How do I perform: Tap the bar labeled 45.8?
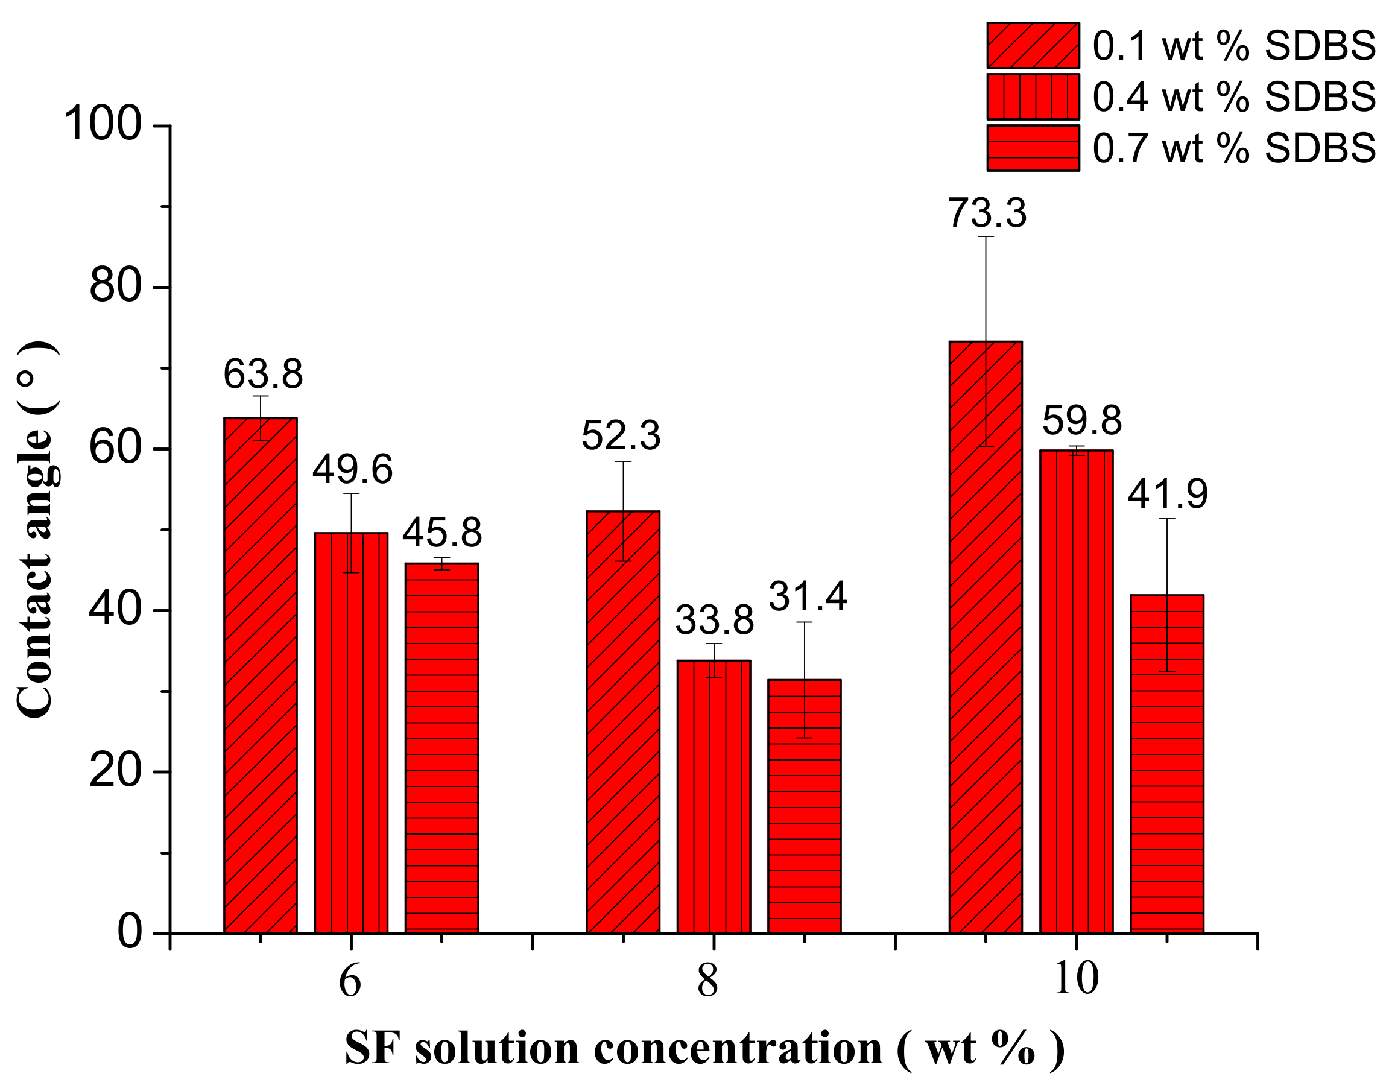tap(441, 748)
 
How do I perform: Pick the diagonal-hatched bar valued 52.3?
tap(623, 722)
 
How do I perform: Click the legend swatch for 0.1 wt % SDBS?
tap(1033, 45)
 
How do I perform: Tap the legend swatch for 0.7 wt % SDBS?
tap(1033, 148)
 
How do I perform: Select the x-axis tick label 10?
tap(1076, 979)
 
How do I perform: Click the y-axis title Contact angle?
tap(35, 530)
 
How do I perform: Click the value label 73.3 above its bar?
tap(987, 213)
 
